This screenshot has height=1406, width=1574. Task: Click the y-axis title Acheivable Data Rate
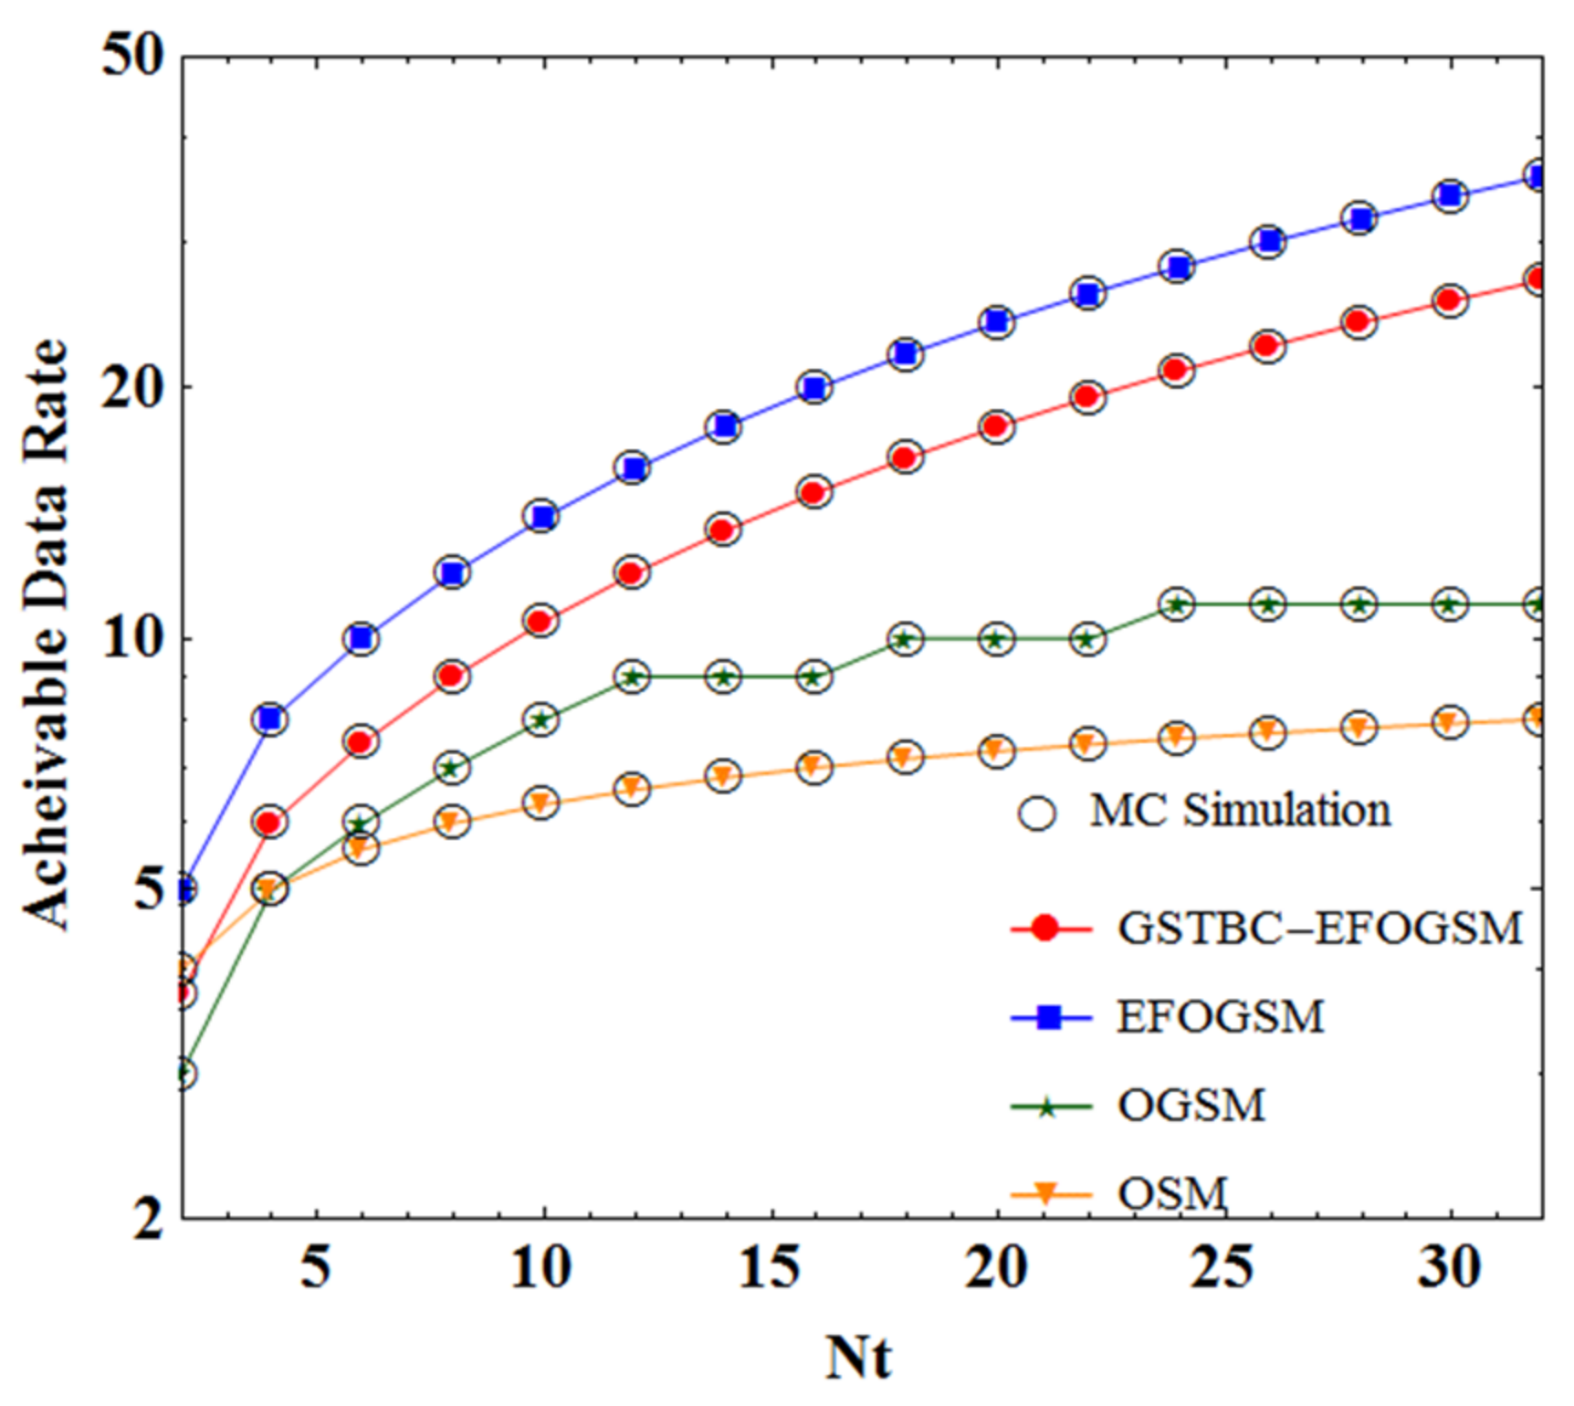[46, 635]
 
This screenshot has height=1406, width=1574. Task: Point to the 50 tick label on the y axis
[132, 57]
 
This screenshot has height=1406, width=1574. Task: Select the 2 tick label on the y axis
[148, 1218]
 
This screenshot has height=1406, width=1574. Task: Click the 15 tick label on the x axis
[769, 1267]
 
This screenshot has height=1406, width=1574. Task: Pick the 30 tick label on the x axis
[1449, 1267]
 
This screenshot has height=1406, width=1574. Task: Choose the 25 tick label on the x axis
[1222, 1267]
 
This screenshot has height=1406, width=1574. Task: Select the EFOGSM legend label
[1220, 1016]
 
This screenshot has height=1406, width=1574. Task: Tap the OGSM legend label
[1191, 1106]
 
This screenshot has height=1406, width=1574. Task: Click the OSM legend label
[1172, 1193]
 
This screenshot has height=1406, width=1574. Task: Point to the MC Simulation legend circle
[1037, 812]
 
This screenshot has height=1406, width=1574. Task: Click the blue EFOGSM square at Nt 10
[542, 517]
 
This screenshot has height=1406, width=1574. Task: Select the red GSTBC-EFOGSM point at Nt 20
[996, 426]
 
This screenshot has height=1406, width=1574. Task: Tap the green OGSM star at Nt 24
[1177, 604]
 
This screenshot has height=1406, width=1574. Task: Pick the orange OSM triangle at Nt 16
[813, 766]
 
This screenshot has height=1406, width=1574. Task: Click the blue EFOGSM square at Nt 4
[270, 719]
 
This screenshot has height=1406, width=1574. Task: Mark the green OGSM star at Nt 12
[633, 677]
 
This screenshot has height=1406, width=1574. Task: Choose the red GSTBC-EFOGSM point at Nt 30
[1450, 300]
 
